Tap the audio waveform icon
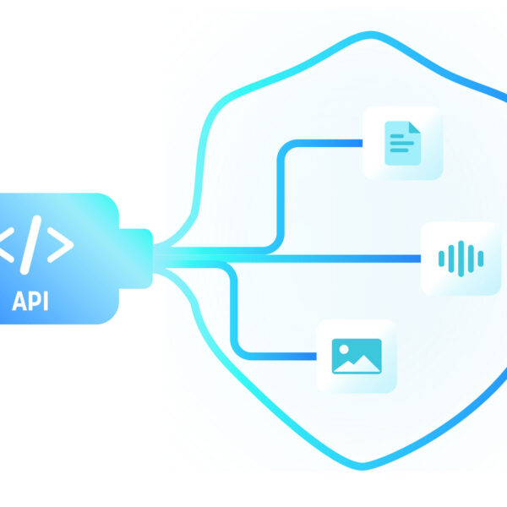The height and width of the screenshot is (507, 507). click(x=461, y=258)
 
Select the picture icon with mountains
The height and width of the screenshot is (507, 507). click(x=357, y=356)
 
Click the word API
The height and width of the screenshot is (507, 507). click(x=30, y=302)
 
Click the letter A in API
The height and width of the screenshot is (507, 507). click(x=19, y=302)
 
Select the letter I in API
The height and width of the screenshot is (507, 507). click(x=46, y=302)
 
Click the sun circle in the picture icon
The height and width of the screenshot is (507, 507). click(x=345, y=347)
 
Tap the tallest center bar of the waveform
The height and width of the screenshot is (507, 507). click(x=461, y=258)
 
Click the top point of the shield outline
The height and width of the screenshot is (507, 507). click(x=364, y=35)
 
